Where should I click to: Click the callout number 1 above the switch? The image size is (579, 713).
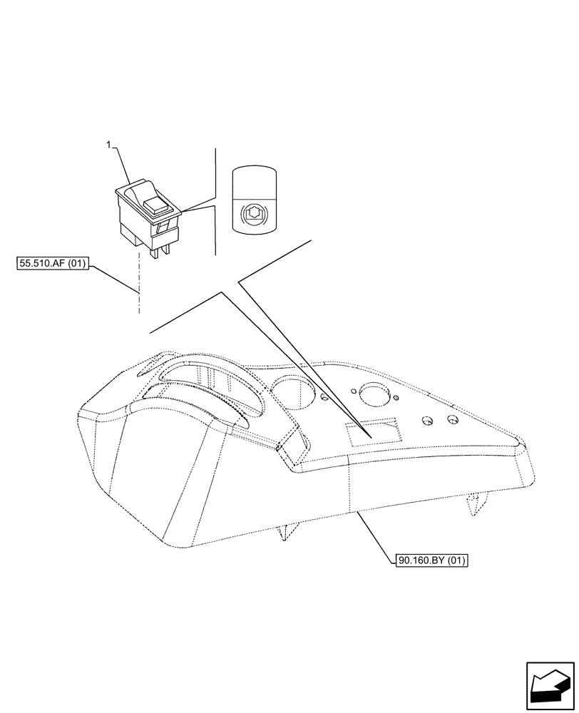tap(108, 145)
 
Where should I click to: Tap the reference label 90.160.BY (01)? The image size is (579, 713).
tap(430, 560)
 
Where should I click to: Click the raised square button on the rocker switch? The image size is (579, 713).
tap(155, 206)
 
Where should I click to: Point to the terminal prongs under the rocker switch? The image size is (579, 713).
tap(158, 249)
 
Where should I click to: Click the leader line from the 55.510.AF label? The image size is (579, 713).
tap(114, 279)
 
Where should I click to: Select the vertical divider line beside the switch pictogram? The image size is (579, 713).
tap(215, 200)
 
